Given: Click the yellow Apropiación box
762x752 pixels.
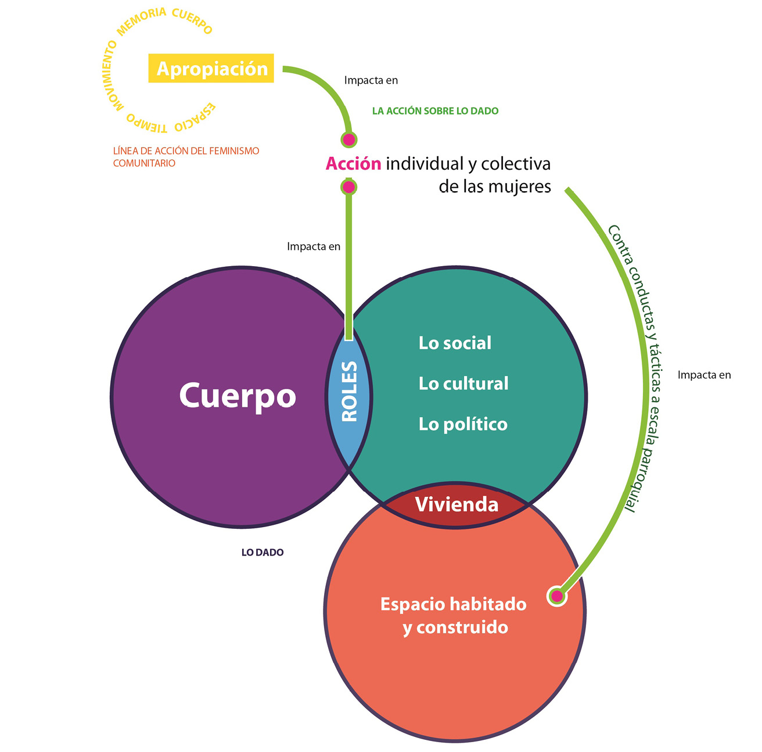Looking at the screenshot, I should pyautogui.click(x=211, y=68).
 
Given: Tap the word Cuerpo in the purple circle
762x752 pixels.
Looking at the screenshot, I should pyautogui.click(x=238, y=396).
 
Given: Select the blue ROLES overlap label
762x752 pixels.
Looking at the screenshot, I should pyautogui.click(x=349, y=392).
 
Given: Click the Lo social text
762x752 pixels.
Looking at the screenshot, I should pyautogui.click(x=455, y=343).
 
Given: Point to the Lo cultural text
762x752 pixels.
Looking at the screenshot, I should pyautogui.click(x=463, y=384).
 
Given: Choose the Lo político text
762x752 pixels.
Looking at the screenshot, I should pyautogui.click(x=463, y=424).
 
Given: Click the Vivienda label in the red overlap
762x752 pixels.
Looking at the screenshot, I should pyautogui.click(x=457, y=504).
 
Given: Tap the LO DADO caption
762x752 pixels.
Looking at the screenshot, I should pyautogui.click(x=263, y=553).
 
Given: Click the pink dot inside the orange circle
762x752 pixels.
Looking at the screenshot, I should pyautogui.click(x=557, y=596).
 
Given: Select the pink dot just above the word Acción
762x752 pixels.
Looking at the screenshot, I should pyautogui.click(x=348, y=139).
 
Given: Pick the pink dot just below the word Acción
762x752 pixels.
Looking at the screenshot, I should pyautogui.click(x=348, y=187).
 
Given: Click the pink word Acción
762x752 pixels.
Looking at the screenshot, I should pyautogui.click(x=353, y=164).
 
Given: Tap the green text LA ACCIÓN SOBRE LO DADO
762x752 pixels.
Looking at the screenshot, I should pyautogui.click(x=435, y=111).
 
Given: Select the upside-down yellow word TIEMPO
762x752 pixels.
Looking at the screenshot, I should pyautogui.click(x=147, y=123).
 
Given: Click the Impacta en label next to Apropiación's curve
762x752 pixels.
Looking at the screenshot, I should pyautogui.click(x=371, y=81).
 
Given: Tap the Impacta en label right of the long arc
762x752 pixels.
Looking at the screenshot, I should pyautogui.click(x=704, y=375).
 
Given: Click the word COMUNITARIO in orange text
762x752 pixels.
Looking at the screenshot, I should pyautogui.click(x=144, y=163).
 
